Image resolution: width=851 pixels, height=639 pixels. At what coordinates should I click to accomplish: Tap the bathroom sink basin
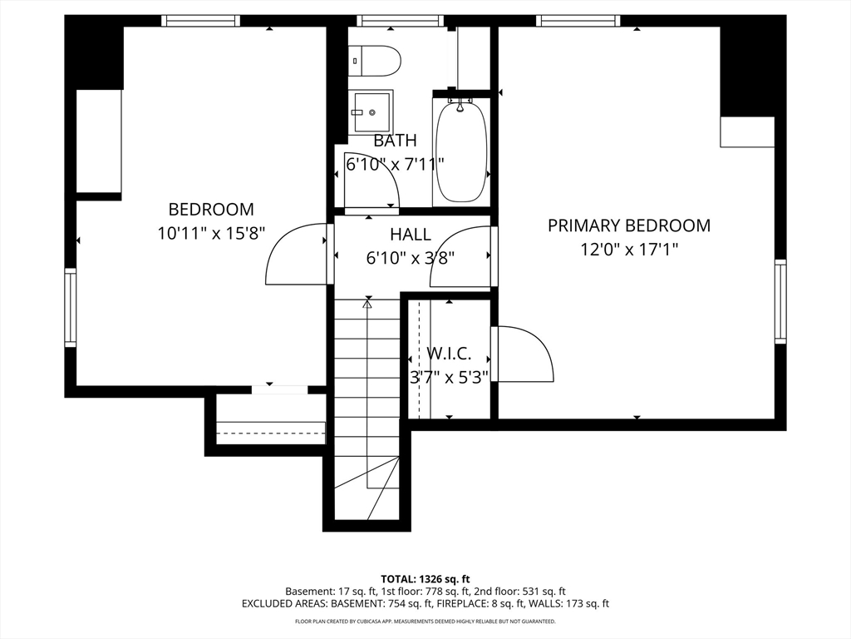coord(372,112)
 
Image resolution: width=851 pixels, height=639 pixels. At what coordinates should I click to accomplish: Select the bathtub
coord(460,151)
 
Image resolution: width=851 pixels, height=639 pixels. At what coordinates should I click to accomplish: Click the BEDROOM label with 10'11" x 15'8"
coord(211,209)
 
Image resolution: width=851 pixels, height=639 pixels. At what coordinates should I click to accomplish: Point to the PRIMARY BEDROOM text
coord(629,225)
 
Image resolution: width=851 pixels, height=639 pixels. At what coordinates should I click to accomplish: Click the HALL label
coord(411,235)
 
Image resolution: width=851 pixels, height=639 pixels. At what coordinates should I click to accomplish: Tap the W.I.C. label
coord(449,354)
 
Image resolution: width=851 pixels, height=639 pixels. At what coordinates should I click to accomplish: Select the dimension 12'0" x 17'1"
coord(629,250)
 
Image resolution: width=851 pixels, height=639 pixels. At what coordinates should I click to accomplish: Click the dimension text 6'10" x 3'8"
coord(411,258)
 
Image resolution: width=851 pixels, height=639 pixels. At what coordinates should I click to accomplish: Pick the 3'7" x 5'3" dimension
coord(449,377)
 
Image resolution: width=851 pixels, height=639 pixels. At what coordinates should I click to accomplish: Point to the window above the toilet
coord(400,21)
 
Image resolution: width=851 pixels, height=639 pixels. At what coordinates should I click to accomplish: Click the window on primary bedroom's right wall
coord(780,301)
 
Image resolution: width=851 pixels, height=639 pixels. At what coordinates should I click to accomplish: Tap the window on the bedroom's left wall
coord(71,307)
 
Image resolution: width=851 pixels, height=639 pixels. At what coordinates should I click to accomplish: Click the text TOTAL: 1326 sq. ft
coord(425,579)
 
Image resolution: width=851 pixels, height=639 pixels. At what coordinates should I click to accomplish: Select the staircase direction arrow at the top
coord(367,305)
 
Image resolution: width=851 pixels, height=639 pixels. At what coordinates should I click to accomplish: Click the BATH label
coord(395,141)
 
